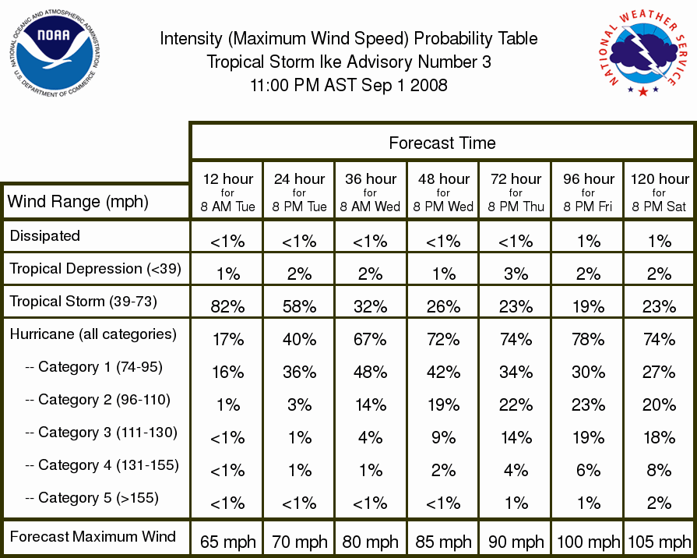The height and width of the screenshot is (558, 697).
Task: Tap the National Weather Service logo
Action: [x=643, y=52]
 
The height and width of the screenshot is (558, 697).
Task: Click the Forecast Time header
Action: [x=442, y=143]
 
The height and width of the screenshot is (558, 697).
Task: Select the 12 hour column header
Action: [x=227, y=192]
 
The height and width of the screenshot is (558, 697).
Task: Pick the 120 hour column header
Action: [x=659, y=192]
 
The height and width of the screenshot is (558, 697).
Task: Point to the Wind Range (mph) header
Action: [x=78, y=202]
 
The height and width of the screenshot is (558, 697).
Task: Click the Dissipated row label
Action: [x=45, y=235]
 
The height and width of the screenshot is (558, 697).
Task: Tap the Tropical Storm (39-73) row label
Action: [x=83, y=302]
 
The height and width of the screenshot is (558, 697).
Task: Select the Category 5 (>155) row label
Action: [x=92, y=497]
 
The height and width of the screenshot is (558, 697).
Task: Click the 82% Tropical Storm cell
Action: [x=227, y=306]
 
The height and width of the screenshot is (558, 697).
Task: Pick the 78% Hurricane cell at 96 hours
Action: [x=588, y=340]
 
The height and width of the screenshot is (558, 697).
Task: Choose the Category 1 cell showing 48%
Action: [x=370, y=372]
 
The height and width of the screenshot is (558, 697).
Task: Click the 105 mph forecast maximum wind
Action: [x=659, y=542]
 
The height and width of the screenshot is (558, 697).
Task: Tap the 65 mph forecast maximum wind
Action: [x=227, y=542]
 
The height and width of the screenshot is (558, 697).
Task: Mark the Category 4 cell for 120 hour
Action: [x=659, y=471]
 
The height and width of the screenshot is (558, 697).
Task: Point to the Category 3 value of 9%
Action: [x=443, y=437]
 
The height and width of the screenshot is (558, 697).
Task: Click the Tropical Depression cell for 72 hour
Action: [x=516, y=274]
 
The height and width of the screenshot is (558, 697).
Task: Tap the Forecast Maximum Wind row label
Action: [x=93, y=536]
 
